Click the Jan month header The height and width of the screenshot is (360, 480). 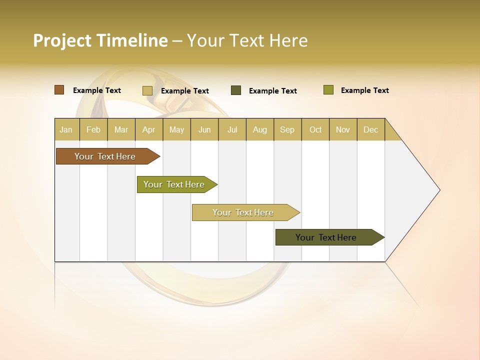tap(66, 129)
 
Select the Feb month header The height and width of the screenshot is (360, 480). tap(93, 129)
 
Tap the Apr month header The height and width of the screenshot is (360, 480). tap(148, 129)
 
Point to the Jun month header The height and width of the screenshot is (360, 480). tap(204, 129)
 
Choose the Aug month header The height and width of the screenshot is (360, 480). tap(259, 129)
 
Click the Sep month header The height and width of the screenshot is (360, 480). tap(287, 129)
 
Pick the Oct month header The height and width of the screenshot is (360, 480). tap(315, 129)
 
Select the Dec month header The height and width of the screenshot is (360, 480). tap(370, 129)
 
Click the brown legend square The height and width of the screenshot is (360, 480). tap(59, 90)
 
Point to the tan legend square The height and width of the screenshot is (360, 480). tap(147, 90)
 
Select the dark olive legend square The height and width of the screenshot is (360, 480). tap(235, 90)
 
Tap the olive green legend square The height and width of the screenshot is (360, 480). tap(328, 90)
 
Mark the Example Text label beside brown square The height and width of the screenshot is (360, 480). tap(97, 90)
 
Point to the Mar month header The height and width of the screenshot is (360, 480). tap(121, 129)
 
